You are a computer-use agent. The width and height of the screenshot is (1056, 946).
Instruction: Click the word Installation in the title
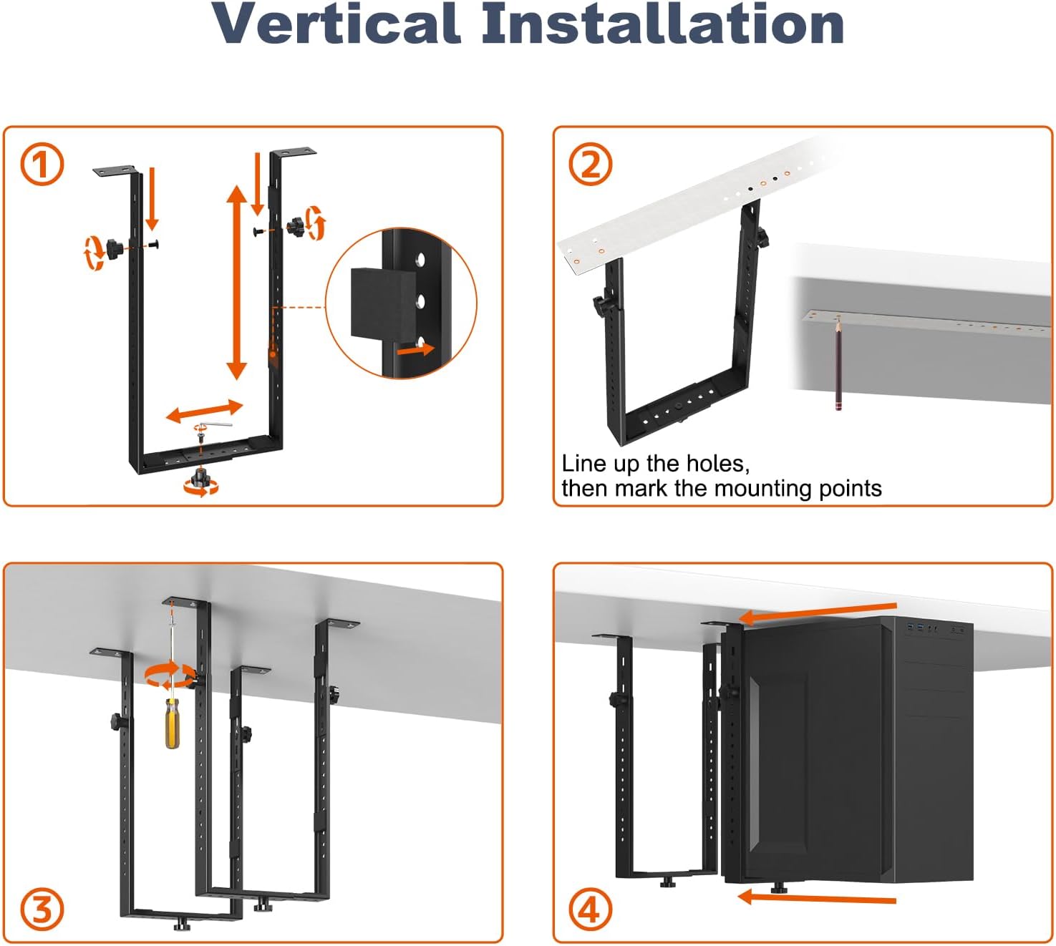[662, 24]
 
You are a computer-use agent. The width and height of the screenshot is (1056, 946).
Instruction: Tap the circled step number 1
[42, 165]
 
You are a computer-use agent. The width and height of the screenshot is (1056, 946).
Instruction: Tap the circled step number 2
[591, 165]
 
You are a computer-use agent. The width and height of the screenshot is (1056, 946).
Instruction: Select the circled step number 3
[42, 910]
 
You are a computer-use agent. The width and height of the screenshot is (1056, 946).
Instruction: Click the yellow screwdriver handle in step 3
[172, 724]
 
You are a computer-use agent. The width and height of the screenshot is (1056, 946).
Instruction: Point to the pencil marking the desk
[837, 365]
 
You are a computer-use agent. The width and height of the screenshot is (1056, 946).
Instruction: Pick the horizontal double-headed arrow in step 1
[204, 411]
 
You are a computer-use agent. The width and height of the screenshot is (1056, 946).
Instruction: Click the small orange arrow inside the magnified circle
[416, 350]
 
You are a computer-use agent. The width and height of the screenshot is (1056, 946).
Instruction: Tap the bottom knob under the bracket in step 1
[201, 482]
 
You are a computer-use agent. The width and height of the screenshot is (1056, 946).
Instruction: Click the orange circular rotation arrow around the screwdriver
[170, 676]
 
